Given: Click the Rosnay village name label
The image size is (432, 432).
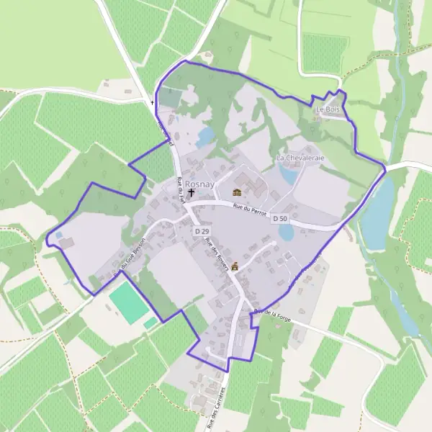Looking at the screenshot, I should [x=199, y=184].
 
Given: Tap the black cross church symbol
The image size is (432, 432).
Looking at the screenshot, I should [x=191, y=193].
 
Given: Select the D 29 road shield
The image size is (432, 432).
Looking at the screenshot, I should [x=202, y=231].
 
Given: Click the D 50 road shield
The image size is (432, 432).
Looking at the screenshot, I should [x=280, y=218].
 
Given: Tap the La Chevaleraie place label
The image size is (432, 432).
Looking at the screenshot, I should [x=301, y=157].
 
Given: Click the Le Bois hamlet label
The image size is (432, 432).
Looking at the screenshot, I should [x=328, y=109].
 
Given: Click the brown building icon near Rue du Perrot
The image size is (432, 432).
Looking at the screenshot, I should [x=237, y=192].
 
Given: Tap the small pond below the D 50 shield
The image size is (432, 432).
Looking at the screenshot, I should [x=287, y=232].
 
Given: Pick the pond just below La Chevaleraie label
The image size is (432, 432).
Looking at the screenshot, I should [x=289, y=174].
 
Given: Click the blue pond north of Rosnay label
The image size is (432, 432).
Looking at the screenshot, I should [x=205, y=136].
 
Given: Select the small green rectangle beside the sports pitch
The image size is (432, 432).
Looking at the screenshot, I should [x=150, y=323].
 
